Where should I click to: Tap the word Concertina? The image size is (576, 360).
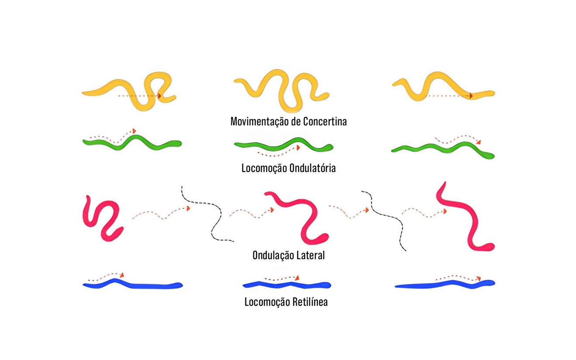click(x=326, y=121)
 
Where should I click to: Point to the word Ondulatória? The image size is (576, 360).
click(x=312, y=168)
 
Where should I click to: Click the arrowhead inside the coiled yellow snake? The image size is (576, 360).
click(x=160, y=96)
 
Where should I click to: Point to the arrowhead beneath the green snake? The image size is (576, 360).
click(x=298, y=148)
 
